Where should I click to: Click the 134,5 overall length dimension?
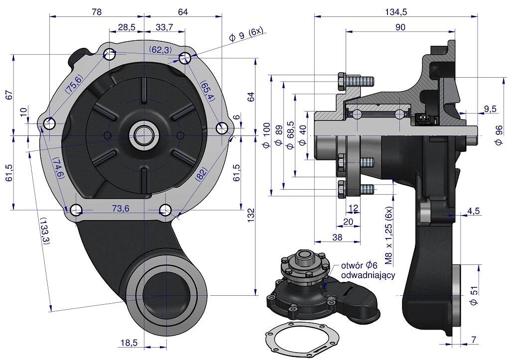tap(396, 12)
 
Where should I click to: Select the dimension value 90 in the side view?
tap(400, 27)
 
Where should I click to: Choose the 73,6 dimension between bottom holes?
tap(120, 209)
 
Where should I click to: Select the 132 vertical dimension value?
tap(251, 214)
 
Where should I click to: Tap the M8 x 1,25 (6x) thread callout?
tap(389, 235)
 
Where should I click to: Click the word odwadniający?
tap(368, 275)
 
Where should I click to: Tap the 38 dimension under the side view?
tap(337, 238)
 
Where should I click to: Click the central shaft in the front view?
tap(144, 134)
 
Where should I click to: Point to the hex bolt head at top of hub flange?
tap(342, 82)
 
